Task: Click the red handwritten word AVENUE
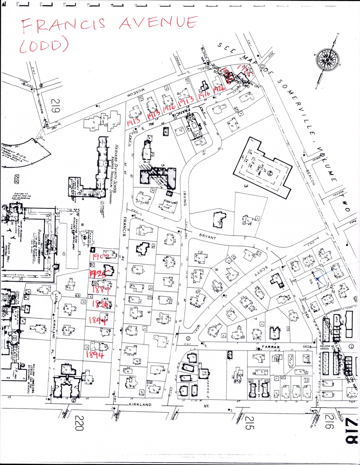158,23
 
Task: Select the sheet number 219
56,106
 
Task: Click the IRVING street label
184,198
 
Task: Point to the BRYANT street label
207,237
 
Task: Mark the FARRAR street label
271,347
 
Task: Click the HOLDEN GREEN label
324,347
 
